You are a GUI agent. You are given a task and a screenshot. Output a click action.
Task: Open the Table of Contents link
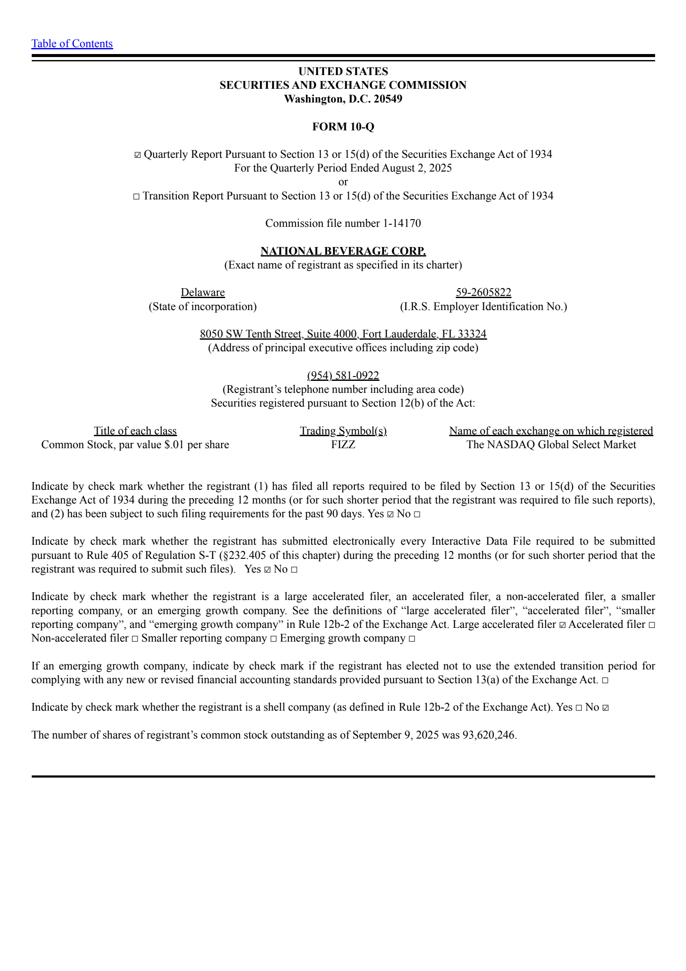pyautogui.click(x=72, y=44)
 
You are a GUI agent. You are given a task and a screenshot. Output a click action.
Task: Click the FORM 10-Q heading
pyautogui.click(x=343, y=127)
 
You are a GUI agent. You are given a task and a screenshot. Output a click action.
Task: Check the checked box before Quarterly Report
pyautogui.click(x=137, y=155)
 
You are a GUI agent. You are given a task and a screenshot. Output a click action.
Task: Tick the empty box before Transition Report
pyautogui.click(x=136, y=196)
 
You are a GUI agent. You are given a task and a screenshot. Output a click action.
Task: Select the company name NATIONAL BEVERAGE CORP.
pyautogui.click(x=343, y=251)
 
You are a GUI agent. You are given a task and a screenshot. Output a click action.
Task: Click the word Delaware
pyautogui.click(x=203, y=293)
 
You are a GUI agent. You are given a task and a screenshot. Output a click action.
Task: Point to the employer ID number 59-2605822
pyautogui.click(x=483, y=293)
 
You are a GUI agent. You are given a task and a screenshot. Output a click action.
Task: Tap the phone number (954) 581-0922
pyautogui.click(x=343, y=376)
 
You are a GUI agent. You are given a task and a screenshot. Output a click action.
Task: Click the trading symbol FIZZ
pyautogui.click(x=343, y=445)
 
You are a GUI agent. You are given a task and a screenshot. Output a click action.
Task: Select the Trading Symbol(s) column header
pyautogui.click(x=343, y=431)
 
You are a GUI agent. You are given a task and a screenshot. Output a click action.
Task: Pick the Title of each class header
pyautogui.click(x=135, y=431)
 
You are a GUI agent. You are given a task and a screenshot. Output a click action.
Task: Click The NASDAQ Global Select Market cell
pyautogui.click(x=551, y=445)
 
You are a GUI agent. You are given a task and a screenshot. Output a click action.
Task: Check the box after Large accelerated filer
pyautogui.click(x=563, y=625)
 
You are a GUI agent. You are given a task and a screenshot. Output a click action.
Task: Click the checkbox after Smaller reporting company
pyautogui.click(x=274, y=639)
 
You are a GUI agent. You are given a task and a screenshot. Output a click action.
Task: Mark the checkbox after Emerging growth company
pyautogui.click(x=412, y=639)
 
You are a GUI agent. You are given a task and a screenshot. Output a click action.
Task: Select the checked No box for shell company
pyautogui.click(x=605, y=708)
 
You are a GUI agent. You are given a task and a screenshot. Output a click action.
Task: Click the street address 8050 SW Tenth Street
pyautogui.click(x=251, y=334)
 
